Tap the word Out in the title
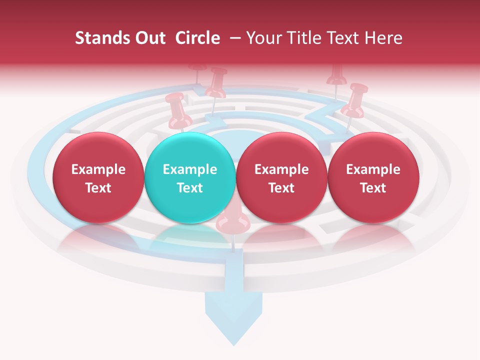tap(148, 38)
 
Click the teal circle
tap(189, 177)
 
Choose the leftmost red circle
tap(98, 177)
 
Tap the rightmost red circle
tap(373, 177)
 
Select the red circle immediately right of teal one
tap(281, 177)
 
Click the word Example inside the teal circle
tap(189, 169)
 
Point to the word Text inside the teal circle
tap(189, 188)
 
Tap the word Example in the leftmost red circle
tap(98, 169)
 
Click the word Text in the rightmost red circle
tap(373, 188)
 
